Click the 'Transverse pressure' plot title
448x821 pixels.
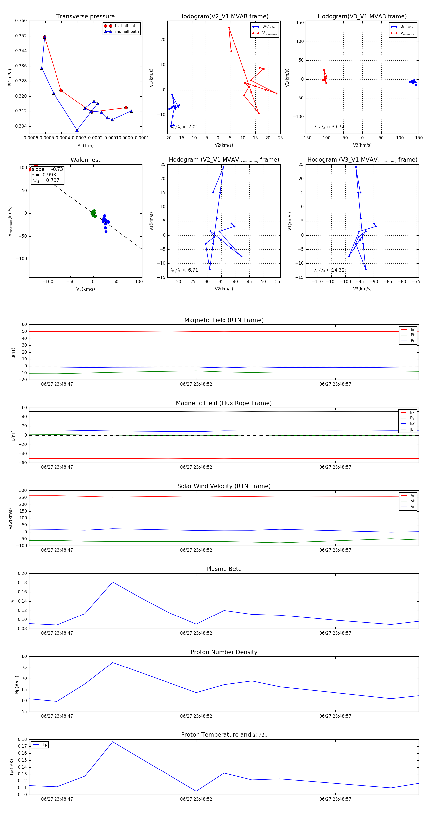click(x=85, y=17)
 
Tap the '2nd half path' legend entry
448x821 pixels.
click(x=126, y=32)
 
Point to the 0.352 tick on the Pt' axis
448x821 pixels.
click(x=21, y=36)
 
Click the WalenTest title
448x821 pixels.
click(x=85, y=160)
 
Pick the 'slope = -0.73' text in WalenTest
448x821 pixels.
click(x=47, y=169)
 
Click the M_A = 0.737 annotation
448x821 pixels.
click(x=46, y=180)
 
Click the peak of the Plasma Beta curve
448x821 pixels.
click(x=112, y=582)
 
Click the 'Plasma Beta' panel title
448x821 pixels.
click(x=224, y=569)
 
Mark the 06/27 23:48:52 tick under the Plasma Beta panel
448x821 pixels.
click(x=196, y=633)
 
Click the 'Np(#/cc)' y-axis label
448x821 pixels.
click(x=17, y=685)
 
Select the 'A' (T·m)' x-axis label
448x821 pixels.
click(x=85, y=145)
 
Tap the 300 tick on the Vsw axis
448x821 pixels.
click(x=23, y=491)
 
